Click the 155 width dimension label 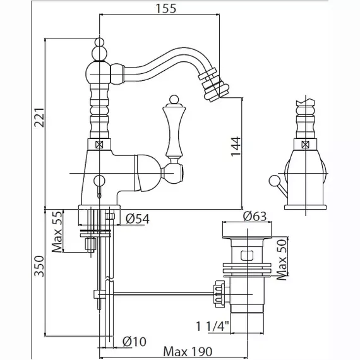coord(166,9)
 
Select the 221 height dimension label coord(39,117)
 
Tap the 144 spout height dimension coord(236,147)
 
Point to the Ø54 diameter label coord(138,219)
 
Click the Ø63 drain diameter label coord(255,216)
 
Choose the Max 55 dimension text coord(57,231)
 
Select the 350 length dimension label coord(39,266)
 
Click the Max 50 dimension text coord(282,260)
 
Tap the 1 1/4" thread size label coord(213,327)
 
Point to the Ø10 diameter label coord(135,342)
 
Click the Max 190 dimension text coord(188,352)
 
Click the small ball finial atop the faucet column coord(99,42)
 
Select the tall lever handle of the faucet coord(173,133)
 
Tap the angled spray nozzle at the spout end coord(214,84)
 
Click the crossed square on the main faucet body coord(99,145)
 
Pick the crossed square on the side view coord(305,145)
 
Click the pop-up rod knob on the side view coord(273,180)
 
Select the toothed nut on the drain coord(219,294)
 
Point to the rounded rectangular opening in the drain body coord(247,256)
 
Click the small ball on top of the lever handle coord(174,99)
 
